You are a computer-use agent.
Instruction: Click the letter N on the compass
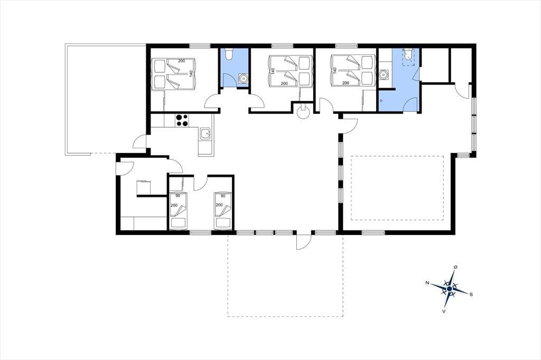pyautogui.click(x=427, y=283)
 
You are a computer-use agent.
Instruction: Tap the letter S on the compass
pyautogui.click(x=471, y=294)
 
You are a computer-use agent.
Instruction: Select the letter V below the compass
pyautogui.click(x=444, y=311)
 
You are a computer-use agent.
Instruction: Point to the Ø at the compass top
pyautogui.click(x=456, y=267)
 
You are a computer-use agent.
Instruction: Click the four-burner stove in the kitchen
pyautogui.click(x=182, y=121)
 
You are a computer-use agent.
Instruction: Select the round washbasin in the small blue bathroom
pyautogui.click(x=244, y=78)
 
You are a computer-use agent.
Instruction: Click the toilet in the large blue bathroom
pyautogui.click(x=408, y=56)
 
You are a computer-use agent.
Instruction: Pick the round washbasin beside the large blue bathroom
pyautogui.click(x=384, y=74)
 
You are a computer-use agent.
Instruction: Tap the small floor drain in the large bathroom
pyautogui.click(x=381, y=101)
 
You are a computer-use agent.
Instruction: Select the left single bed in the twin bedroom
pyautogui.click(x=179, y=211)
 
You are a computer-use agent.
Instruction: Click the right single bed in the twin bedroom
pyautogui.click(x=223, y=211)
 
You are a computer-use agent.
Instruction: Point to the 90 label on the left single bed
pyautogui.click(x=178, y=196)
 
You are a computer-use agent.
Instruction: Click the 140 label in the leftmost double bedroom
pyautogui.click(x=190, y=74)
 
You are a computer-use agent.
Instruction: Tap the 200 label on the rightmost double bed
pyautogui.click(x=346, y=83)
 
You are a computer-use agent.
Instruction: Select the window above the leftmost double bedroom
pyautogui.click(x=200, y=46)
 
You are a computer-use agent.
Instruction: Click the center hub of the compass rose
pyautogui.click(x=449, y=289)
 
